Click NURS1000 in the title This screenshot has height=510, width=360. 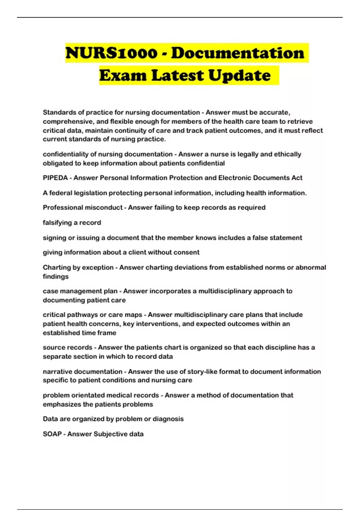click(111, 53)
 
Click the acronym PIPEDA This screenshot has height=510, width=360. click(55, 178)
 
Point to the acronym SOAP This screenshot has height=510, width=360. click(52, 434)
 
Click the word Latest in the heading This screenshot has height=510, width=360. click(178, 75)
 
